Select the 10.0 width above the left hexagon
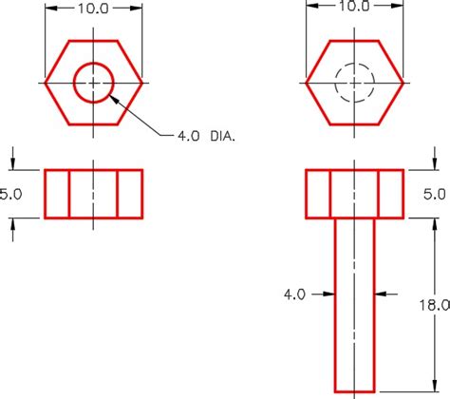click(x=93, y=7)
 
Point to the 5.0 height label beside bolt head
click(x=433, y=194)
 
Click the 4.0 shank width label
click(x=294, y=294)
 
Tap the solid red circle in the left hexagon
click(x=94, y=66)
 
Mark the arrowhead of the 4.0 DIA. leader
click(x=115, y=94)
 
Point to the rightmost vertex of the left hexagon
click(x=142, y=83)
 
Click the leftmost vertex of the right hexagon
click(x=306, y=83)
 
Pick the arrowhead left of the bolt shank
click(x=331, y=294)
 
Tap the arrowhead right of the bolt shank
click(x=378, y=294)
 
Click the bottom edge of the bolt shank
click(x=354, y=389)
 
